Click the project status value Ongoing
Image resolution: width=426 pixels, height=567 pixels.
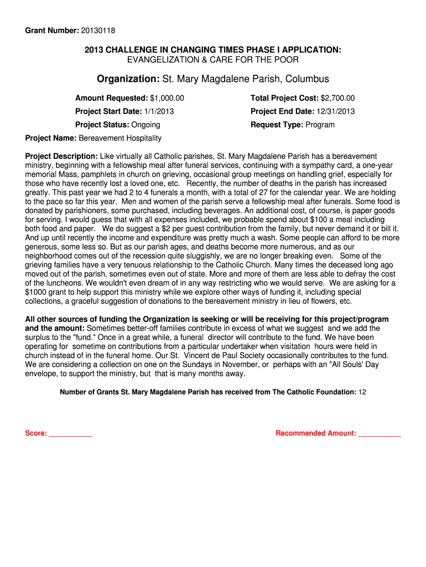point(146,125)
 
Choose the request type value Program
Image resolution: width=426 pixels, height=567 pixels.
point(320,125)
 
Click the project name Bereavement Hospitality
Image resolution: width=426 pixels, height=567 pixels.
point(120,138)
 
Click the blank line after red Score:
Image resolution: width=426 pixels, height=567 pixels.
point(70,434)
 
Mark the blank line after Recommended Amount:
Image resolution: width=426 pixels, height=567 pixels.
point(380,434)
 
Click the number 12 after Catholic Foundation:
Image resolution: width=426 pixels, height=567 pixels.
point(362,392)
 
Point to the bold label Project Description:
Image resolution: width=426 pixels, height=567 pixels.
point(61,157)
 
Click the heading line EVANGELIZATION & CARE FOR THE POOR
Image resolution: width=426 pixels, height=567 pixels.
point(213,59)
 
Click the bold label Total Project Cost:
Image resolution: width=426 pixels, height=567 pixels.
point(284,98)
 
